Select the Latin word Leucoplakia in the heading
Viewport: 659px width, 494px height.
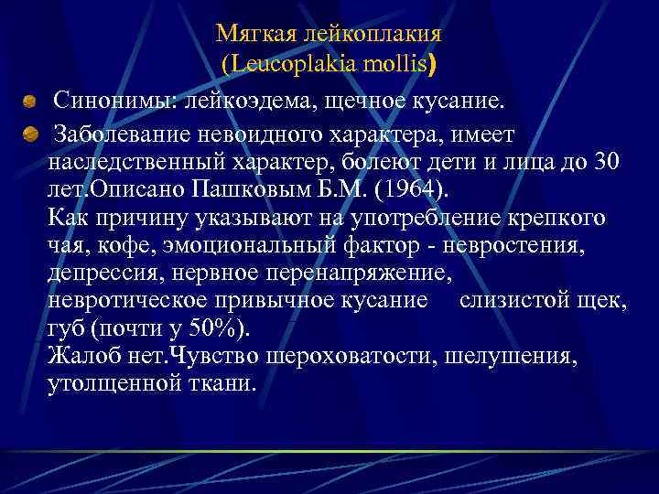click(x=295, y=65)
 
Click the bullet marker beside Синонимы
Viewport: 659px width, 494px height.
click(x=31, y=99)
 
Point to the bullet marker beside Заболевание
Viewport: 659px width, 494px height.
click(x=31, y=136)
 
